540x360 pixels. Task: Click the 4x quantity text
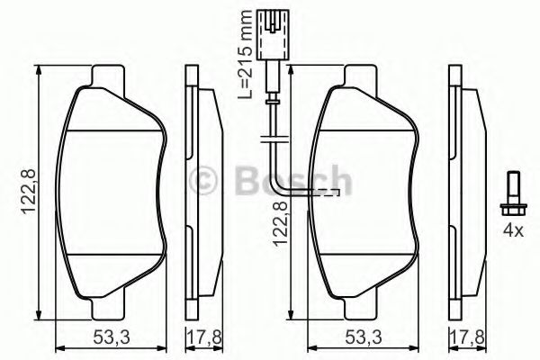(512, 230)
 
